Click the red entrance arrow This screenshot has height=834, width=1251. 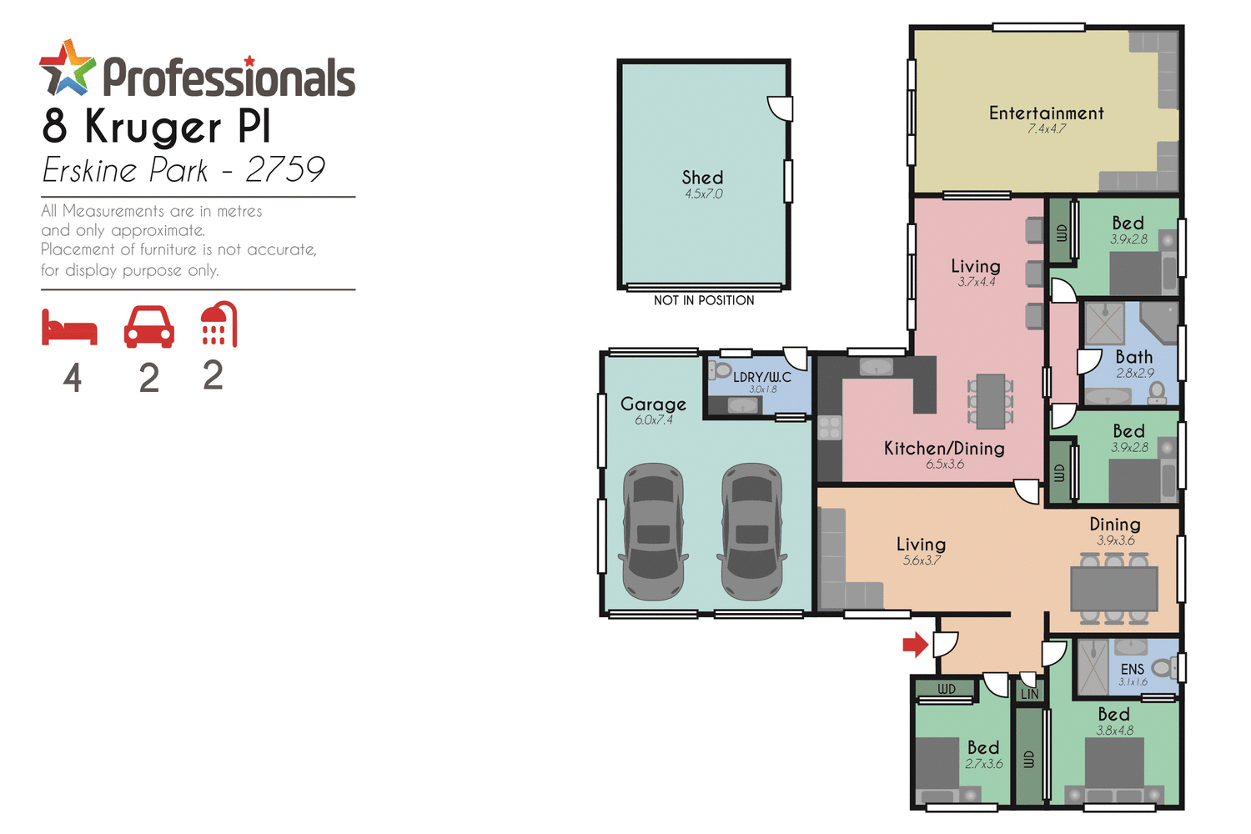tap(916, 644)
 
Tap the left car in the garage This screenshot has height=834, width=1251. tap(653, 532)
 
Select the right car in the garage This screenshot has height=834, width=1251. tap(751, 532)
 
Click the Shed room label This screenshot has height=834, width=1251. tap(702, 178)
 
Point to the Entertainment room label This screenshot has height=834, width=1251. tap(1046, 113)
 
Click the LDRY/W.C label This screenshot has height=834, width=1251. tap(761, 377)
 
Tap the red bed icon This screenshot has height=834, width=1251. tap(70, 327)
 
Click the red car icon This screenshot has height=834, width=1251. tap(148, 326)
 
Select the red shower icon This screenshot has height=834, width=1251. tap(219, 324)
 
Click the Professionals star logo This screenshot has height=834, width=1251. tap(67, 68)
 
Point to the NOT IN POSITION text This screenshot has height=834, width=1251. tap(704, 300)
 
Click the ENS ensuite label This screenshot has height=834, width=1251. tap(1132, 669)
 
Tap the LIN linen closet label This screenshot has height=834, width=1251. tap(1030, 694)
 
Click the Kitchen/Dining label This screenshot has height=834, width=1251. tap(944, 449)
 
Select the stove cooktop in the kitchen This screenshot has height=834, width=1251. tap(829, 428)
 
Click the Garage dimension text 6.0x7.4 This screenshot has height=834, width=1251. tap(654, 420)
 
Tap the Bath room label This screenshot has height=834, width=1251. tap(1134, 357)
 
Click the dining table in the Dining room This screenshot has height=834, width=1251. tap(1114, 589)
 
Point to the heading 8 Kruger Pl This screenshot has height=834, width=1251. tap(157, 127)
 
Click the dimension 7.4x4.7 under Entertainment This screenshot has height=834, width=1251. tap(1046, 129)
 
